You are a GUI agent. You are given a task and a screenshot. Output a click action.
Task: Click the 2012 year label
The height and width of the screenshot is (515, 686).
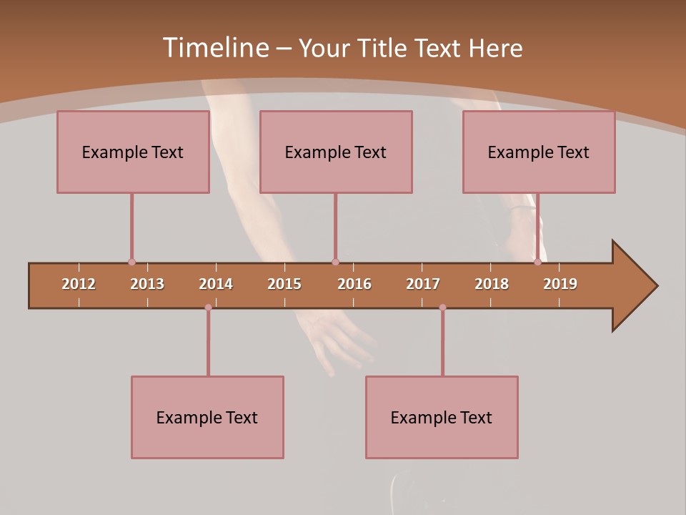(x=79, y=284)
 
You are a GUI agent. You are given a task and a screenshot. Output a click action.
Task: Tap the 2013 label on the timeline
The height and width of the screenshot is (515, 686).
(x=147, y=284)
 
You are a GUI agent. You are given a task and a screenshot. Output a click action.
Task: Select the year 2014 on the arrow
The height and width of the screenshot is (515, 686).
(x=216, y=284)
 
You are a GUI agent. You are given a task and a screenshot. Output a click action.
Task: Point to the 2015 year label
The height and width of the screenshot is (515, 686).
(x=284, y=284)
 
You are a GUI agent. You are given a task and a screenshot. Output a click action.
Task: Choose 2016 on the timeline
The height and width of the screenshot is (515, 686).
(x=354, y=284)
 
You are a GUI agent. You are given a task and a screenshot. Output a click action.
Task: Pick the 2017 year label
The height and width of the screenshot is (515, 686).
(x=423, y=284)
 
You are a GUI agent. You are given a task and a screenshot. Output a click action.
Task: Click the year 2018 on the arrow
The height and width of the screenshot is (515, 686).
(x=492, y=284)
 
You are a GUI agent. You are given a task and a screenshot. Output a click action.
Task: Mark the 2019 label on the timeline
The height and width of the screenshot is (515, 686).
(x=560, y=284)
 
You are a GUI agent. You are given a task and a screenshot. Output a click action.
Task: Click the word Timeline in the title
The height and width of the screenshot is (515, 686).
(x=215, y=48)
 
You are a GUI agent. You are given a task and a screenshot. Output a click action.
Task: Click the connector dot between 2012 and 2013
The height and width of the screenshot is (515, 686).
(x=131, y=262)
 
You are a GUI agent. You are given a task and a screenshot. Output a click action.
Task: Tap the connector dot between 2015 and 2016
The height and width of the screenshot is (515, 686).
(x=335, y=262)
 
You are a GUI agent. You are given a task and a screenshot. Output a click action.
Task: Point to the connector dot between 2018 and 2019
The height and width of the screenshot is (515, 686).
(x=537, y=262)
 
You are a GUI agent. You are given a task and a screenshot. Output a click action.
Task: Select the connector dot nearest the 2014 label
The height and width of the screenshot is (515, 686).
(x=208, y=308)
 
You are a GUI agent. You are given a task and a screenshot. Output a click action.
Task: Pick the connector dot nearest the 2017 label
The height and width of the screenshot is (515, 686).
(x=442, y=308)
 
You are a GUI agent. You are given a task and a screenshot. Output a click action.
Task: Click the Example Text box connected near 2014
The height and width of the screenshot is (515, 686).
(x=207, y=417)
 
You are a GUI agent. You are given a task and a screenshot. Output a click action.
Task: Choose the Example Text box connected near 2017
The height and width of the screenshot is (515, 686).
(x=442, y=417)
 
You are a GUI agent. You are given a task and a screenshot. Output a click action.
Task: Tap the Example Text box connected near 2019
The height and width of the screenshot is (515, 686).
(x=539, y=152)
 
